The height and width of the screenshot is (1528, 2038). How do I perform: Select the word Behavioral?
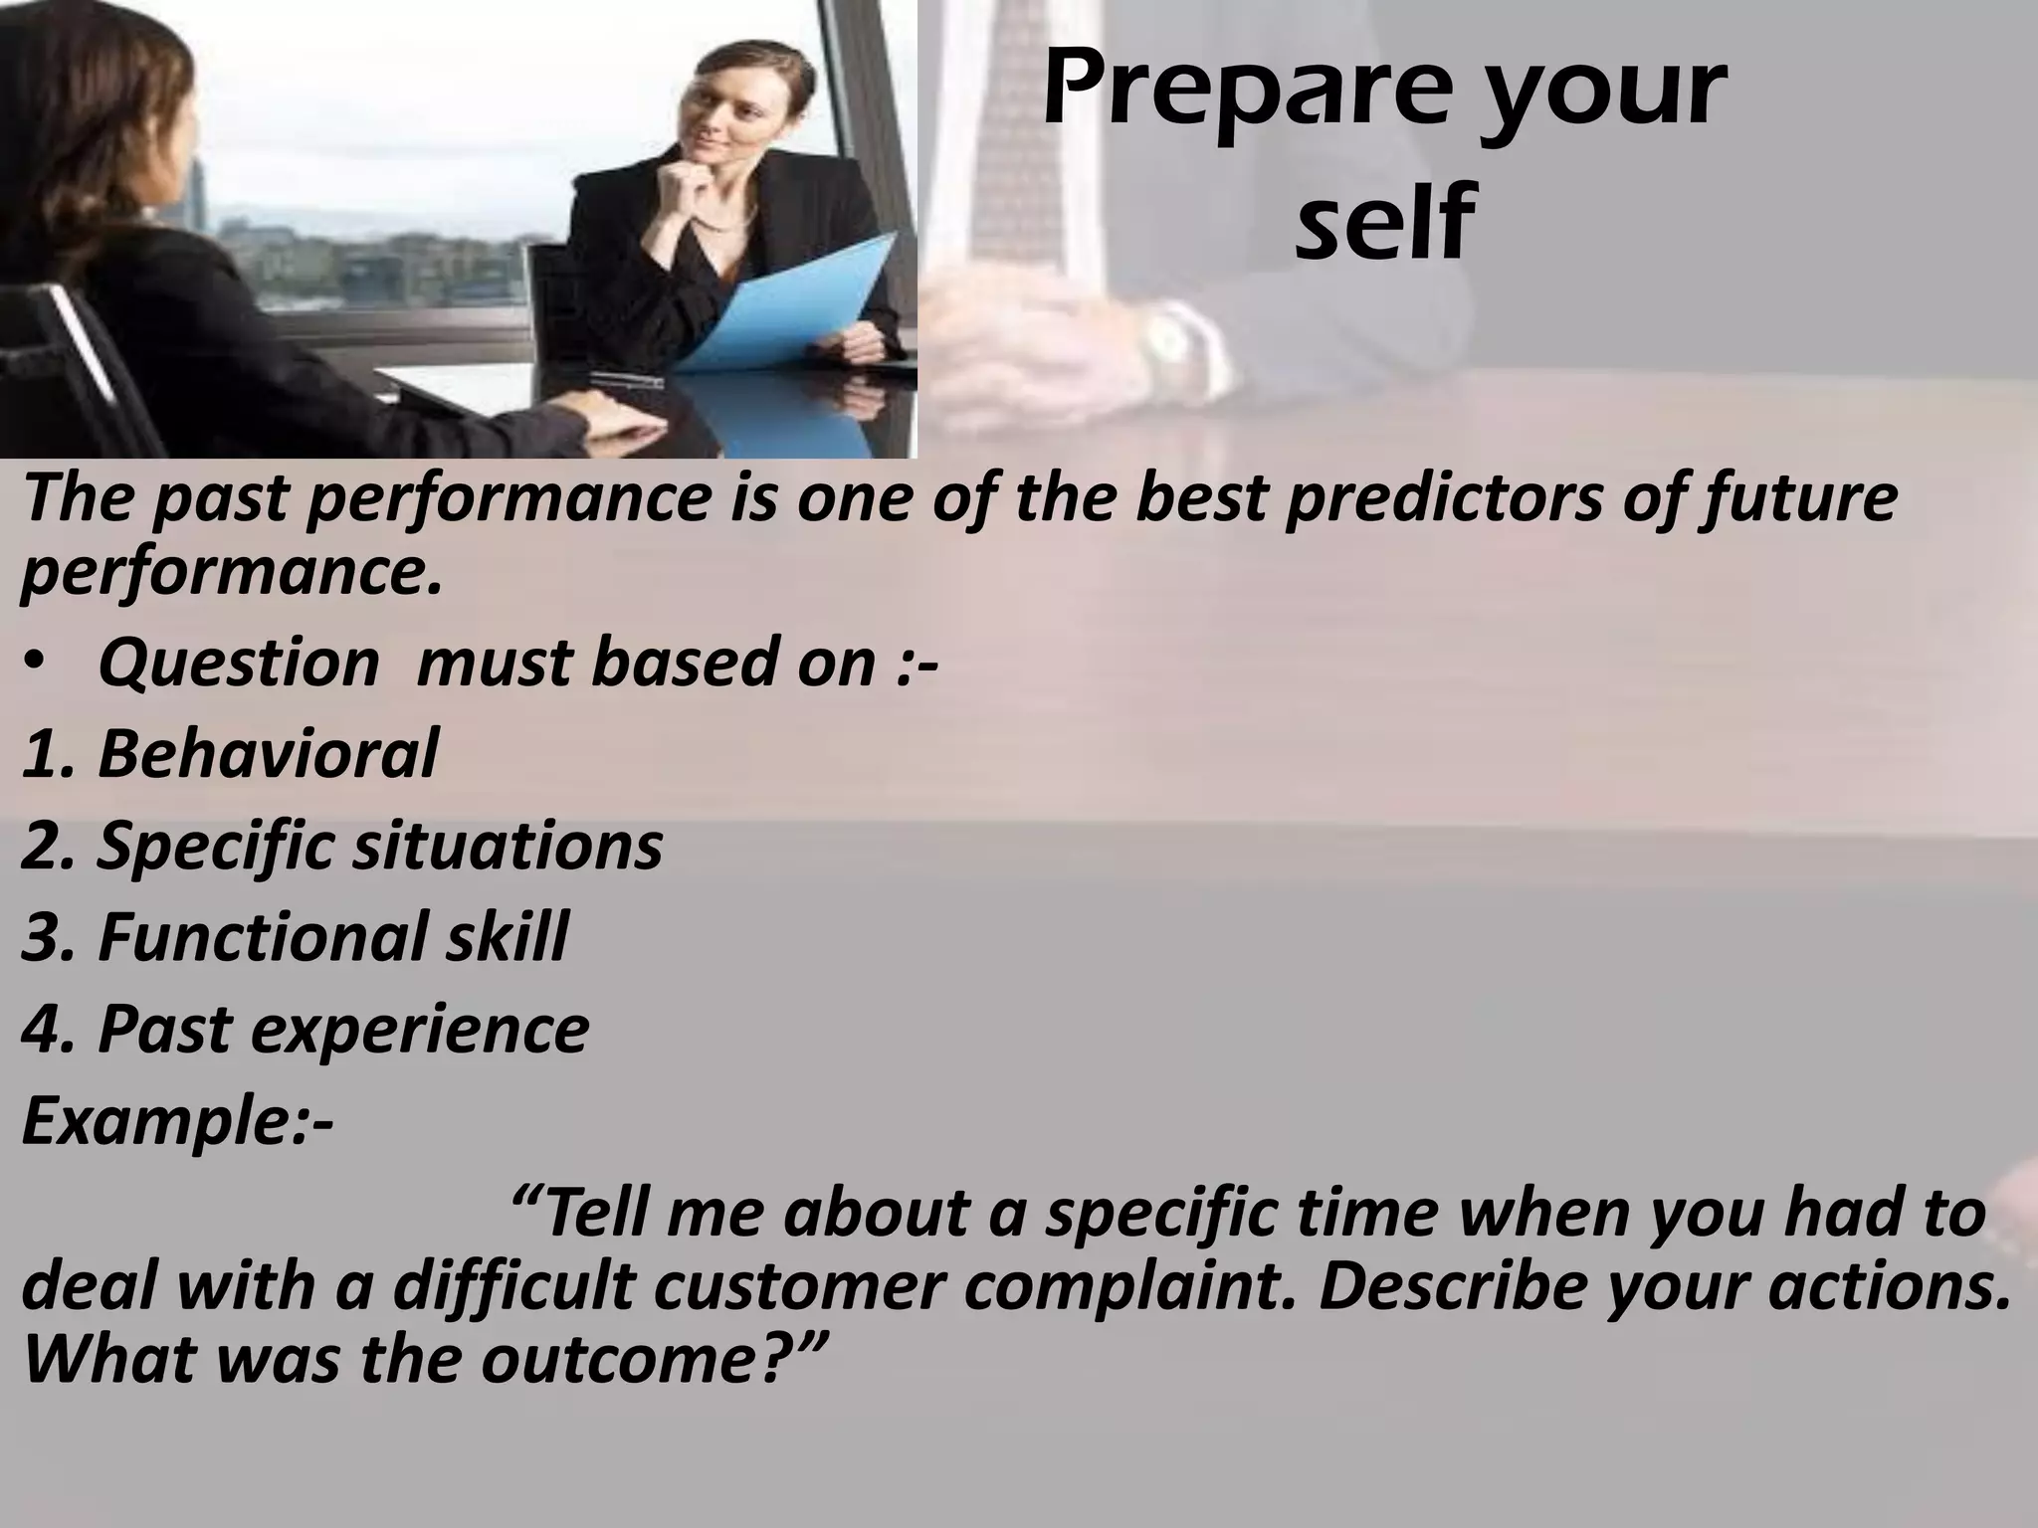(267, 753)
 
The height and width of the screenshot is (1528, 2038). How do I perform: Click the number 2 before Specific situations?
(40, 846)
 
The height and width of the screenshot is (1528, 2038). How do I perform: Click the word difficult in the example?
(513, 1287)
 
